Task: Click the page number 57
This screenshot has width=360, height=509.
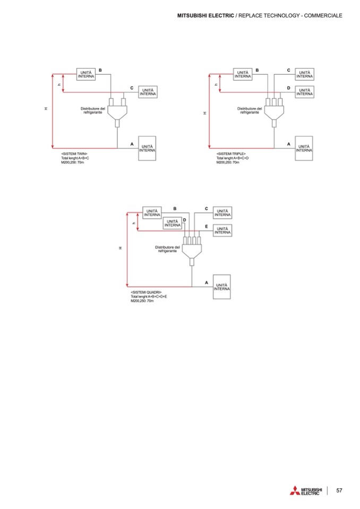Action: click(x=339, y=490)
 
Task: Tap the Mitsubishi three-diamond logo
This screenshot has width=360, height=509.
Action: click(x=294, y=490)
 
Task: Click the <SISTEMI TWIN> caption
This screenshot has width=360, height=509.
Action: click(x=74, y=153)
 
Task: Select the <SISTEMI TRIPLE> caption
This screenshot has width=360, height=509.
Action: click(x=230, y=153)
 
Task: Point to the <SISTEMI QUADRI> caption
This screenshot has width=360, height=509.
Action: click(x=146, y=292)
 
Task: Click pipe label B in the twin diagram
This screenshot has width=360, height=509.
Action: click(x=100, y=70)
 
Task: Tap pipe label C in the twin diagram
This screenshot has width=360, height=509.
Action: click(x=131, y=88)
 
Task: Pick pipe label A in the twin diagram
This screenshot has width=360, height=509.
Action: click(x=132, y=144)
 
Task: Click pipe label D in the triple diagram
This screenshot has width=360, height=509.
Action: click(x=288, y=88)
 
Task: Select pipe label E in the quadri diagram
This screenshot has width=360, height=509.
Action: click(x=207, y=226)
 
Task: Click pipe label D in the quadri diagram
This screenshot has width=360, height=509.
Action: click(x=184, y=219)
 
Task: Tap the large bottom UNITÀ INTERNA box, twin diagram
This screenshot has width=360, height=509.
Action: click(x=148, y=148)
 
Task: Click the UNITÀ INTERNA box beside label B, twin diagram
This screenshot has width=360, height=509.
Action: click(x=85, y=74)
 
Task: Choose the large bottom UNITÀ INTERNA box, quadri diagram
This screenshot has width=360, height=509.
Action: click(x=222, y=287)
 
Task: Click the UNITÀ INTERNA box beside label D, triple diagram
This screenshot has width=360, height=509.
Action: click(x=304, y=91)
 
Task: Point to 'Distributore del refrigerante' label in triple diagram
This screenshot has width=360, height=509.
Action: click(x=248, y=110)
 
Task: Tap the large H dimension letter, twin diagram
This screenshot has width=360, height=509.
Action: click(x=46, y=109)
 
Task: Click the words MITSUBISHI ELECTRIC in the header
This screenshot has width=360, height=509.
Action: click(x=205, y=15)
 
